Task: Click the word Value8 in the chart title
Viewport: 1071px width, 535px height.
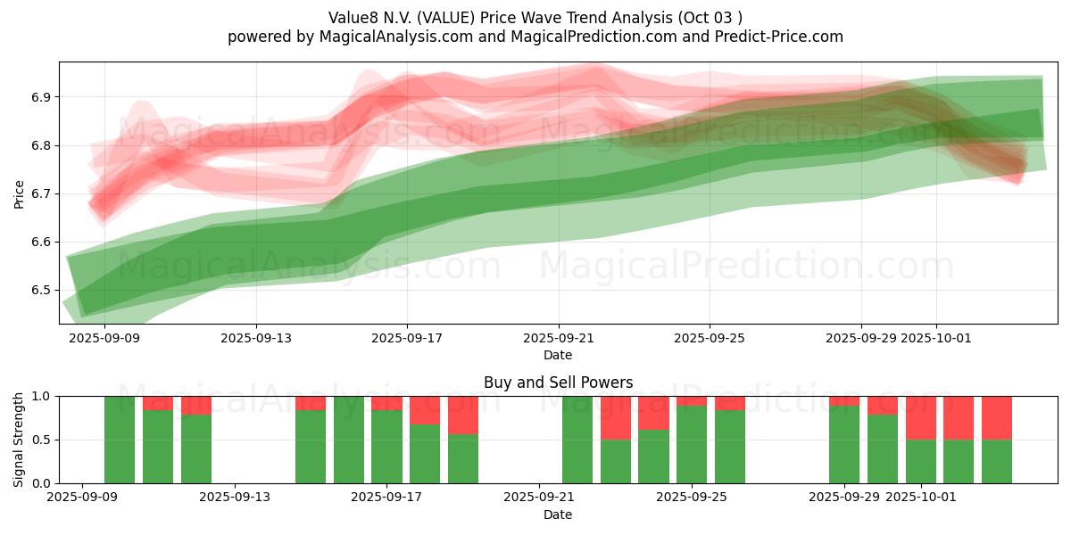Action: (x=353, y=18)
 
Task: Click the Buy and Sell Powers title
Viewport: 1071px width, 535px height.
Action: (x=558, y=383)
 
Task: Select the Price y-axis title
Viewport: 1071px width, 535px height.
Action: (x=20, y=193)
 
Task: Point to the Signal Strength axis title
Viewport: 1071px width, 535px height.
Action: (x=20, y=440)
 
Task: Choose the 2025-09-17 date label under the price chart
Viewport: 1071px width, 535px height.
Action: (x=407, y=338)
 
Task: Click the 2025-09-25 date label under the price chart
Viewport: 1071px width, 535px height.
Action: (x=710, y=338)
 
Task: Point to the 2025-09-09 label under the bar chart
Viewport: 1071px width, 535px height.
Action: (x=82, y=498)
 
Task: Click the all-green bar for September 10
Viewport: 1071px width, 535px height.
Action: (x=120, y=440)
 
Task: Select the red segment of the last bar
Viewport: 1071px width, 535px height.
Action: (x=997, y=417)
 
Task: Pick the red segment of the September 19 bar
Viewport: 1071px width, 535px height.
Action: (x=463, y=415)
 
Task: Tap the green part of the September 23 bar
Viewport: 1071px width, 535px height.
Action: (x=616, y=461)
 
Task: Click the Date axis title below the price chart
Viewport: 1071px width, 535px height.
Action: (x=558, y=355)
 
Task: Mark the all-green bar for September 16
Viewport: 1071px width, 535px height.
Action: (x=349, y=440)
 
